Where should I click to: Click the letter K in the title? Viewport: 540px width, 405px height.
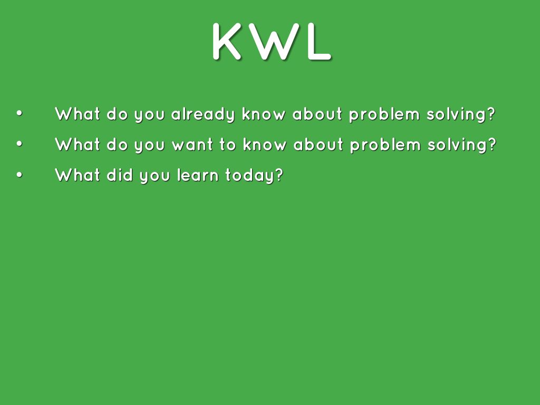227,41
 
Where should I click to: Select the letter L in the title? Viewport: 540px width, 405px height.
319,41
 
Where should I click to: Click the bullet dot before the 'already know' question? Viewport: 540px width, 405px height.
20,113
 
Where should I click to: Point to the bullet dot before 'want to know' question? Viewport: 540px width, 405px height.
20,144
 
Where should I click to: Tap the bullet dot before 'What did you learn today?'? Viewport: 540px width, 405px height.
20,175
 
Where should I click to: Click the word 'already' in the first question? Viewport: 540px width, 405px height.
203,114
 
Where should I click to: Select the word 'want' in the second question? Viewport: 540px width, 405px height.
192,144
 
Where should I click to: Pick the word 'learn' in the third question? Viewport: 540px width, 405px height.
198,175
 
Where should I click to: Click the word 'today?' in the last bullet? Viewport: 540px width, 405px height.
254,176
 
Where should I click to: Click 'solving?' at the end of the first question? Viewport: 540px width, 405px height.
461,114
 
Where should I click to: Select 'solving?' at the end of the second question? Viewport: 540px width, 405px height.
462,144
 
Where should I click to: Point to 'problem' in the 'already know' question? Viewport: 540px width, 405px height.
384,114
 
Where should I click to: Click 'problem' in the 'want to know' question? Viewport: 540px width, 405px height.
385,144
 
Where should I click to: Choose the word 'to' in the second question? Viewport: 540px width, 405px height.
228,144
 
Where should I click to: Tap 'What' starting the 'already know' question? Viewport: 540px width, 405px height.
78,114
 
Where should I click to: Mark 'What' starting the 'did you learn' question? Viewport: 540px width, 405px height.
78,175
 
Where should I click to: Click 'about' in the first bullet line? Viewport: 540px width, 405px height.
317,114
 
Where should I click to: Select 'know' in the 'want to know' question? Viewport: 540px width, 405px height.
265,144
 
